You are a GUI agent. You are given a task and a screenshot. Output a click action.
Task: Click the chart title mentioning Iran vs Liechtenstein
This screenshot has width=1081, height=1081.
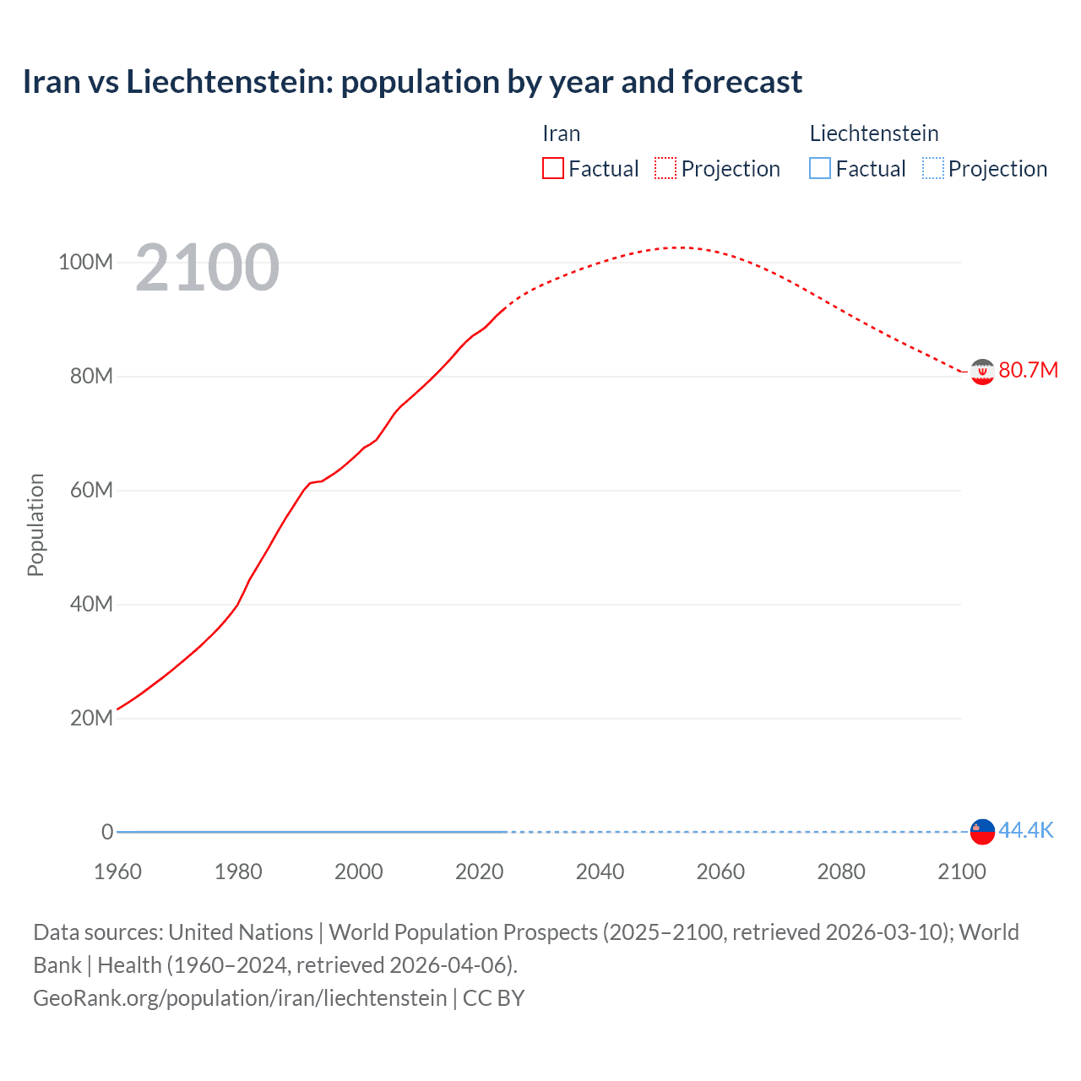pos(412,82)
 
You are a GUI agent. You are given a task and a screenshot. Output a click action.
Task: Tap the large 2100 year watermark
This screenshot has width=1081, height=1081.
pos(207,268)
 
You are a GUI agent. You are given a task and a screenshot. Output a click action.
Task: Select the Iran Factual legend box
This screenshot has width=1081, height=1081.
pos(553,168)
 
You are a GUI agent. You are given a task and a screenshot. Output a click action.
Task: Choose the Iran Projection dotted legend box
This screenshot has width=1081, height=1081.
pos(665,168)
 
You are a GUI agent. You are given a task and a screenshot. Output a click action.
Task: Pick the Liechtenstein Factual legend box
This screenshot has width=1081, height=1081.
pos(820,168)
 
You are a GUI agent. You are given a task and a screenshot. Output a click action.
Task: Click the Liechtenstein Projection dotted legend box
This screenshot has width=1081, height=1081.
pos(933,168)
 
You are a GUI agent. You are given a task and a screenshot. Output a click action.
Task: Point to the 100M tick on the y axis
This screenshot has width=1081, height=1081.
pos(85,262)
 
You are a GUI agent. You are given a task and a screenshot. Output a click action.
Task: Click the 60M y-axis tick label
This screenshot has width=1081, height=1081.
pos(90,490)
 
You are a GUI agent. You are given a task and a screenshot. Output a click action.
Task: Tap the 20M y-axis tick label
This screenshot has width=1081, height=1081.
pos(90,718)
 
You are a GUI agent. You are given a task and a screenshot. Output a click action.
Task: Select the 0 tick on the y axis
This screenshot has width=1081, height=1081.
pos(107,832)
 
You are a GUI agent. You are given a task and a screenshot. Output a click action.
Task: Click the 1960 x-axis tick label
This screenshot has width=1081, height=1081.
pos(117,872)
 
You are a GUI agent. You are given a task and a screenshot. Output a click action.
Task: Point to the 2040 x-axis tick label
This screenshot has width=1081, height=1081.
pos(600,872)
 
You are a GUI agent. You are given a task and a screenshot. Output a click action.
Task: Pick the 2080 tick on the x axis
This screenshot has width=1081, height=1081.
pos(841,872)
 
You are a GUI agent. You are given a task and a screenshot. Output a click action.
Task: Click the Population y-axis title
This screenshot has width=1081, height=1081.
pos(35,524)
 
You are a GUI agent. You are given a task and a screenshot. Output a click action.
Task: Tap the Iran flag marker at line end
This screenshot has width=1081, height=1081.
pos(982,372)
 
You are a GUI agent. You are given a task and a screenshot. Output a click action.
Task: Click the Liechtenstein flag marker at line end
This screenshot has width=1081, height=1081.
pos(982,831)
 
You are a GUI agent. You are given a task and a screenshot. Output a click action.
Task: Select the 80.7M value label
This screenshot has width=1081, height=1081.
pos(1028,371)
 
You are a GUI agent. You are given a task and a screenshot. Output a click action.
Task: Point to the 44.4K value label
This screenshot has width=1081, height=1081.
pos(1026,830)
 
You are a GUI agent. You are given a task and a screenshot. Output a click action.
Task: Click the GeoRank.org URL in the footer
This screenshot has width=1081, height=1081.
pos(240,998)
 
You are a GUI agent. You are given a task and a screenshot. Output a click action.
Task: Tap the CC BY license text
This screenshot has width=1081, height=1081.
pos(494,998)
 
